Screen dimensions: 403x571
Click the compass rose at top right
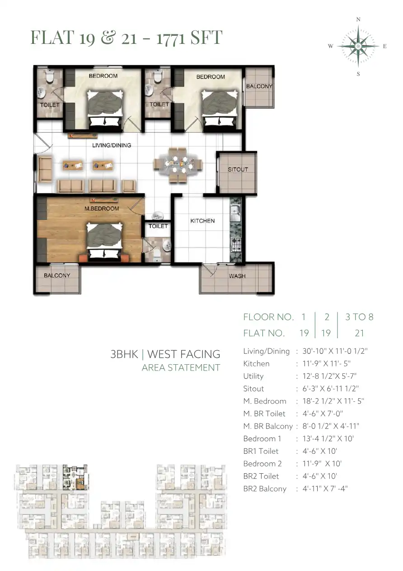pos(358,46)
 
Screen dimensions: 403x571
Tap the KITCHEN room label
pos(202,221)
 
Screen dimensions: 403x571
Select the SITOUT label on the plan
pos(238,169)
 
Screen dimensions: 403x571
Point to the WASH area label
pos(237,276)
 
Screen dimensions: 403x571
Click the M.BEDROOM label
pos(102,209)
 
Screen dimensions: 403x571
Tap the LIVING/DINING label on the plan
pos(112,145)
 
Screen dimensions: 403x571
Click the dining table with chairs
pos(178,165)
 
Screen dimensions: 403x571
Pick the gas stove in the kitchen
pos(236,244)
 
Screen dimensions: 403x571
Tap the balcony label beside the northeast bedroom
pos(259,86)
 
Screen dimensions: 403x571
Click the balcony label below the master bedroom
pos(57,275)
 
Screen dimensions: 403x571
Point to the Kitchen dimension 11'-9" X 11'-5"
pos(326,363)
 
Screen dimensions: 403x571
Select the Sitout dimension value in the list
pos(330,389)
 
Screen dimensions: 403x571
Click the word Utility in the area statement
pos(253,376)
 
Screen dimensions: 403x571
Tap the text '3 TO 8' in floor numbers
pos(359,317)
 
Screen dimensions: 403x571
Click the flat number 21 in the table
pos(359,333)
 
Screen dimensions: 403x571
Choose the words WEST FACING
pos(183,354)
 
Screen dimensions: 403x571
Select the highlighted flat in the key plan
pos(75,477)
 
